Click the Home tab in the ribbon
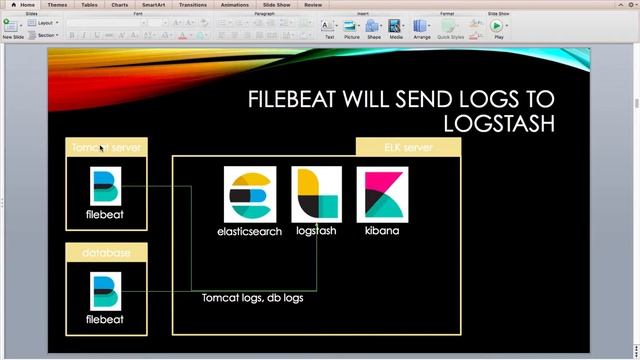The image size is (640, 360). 27,4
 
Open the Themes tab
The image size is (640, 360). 58,4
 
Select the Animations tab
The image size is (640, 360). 234,4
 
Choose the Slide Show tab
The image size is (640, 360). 277,4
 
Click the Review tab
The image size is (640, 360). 313,4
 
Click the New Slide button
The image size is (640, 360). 13,27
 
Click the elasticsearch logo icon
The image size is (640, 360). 249,195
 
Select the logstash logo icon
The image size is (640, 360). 316,195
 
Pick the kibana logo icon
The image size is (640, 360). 382,195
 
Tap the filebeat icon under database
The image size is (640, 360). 105,291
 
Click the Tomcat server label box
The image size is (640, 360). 107,147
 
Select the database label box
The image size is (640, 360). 107,253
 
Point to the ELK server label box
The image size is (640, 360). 408,147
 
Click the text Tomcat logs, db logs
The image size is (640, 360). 252,298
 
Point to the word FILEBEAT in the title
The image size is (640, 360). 297,99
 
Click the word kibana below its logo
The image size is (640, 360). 382,230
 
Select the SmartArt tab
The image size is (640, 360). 153,4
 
